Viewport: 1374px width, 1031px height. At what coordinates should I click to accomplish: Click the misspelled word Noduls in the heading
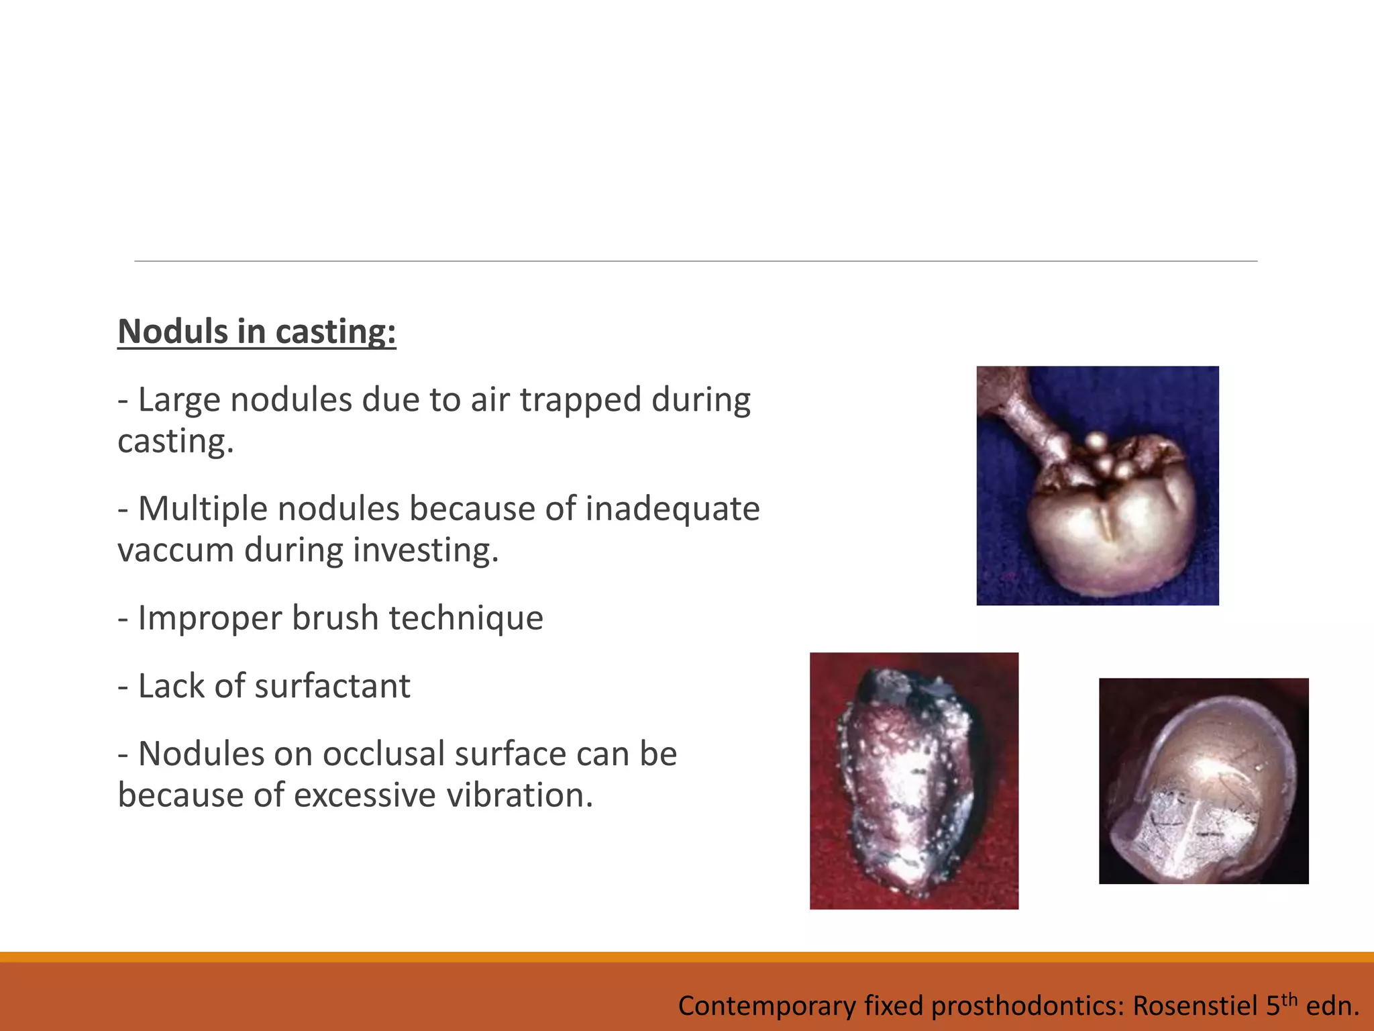[x=172, y=332]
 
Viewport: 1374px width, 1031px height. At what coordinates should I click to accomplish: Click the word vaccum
[x=175, y=550]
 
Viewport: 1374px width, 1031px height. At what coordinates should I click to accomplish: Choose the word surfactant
[x=332, y=686]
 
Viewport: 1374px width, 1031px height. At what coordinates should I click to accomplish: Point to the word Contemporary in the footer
[x=767, y=1006]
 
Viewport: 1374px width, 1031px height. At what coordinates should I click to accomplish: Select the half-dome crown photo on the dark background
[x=1203, y=781]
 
